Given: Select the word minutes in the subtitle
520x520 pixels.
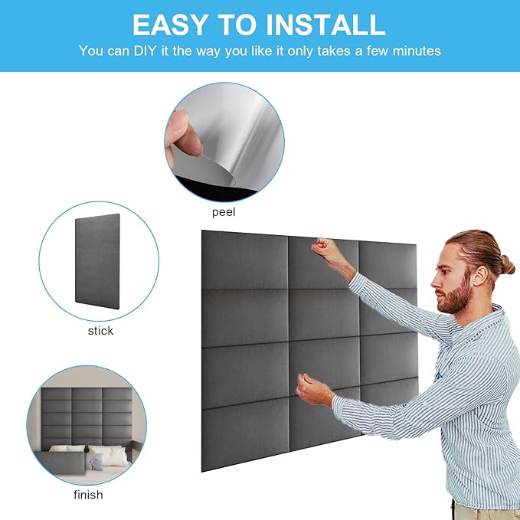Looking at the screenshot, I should (415, 51).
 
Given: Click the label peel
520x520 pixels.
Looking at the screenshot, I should (224, 211).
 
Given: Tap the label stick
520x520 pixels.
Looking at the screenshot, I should (100, 331).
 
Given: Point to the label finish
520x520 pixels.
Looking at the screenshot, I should (88, 495).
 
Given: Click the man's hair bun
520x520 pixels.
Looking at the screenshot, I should (505, 265).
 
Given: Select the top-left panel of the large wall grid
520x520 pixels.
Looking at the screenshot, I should (244, 261).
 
